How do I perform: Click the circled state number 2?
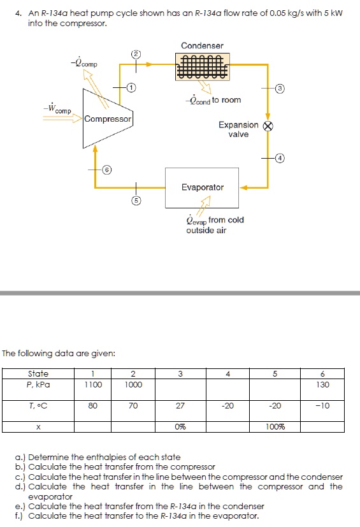[x=134, y=52]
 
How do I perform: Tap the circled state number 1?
[x=131, y=87]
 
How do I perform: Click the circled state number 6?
[x=108, y=170]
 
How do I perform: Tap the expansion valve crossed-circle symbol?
[x=268, y=126]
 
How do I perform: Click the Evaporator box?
[x=202, y=187]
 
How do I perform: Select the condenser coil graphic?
[x=202, y=65]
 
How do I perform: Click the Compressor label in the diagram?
[x=108, y=119]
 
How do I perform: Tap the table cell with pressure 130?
[x=324, y=384]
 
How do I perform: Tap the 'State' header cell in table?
[x=39, y=373]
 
